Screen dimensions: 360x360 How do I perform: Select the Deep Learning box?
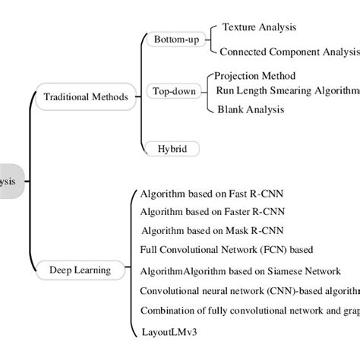tap(80, 270)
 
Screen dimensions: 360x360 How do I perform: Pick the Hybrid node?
tap(172, 149)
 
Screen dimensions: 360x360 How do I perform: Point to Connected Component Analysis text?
tap(289, 52)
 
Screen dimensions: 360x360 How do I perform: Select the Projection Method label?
tap(261, 76)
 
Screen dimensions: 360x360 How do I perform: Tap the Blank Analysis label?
tap(251, 109)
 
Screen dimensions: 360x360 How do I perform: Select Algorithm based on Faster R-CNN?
tap(215, 212)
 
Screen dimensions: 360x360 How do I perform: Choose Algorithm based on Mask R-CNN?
tap(214, 231)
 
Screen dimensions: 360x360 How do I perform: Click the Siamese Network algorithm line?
tap(240, 271)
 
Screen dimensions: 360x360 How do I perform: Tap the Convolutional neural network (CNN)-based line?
tap(250, 290)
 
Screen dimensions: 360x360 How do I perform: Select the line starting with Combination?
tap(250, 310)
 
